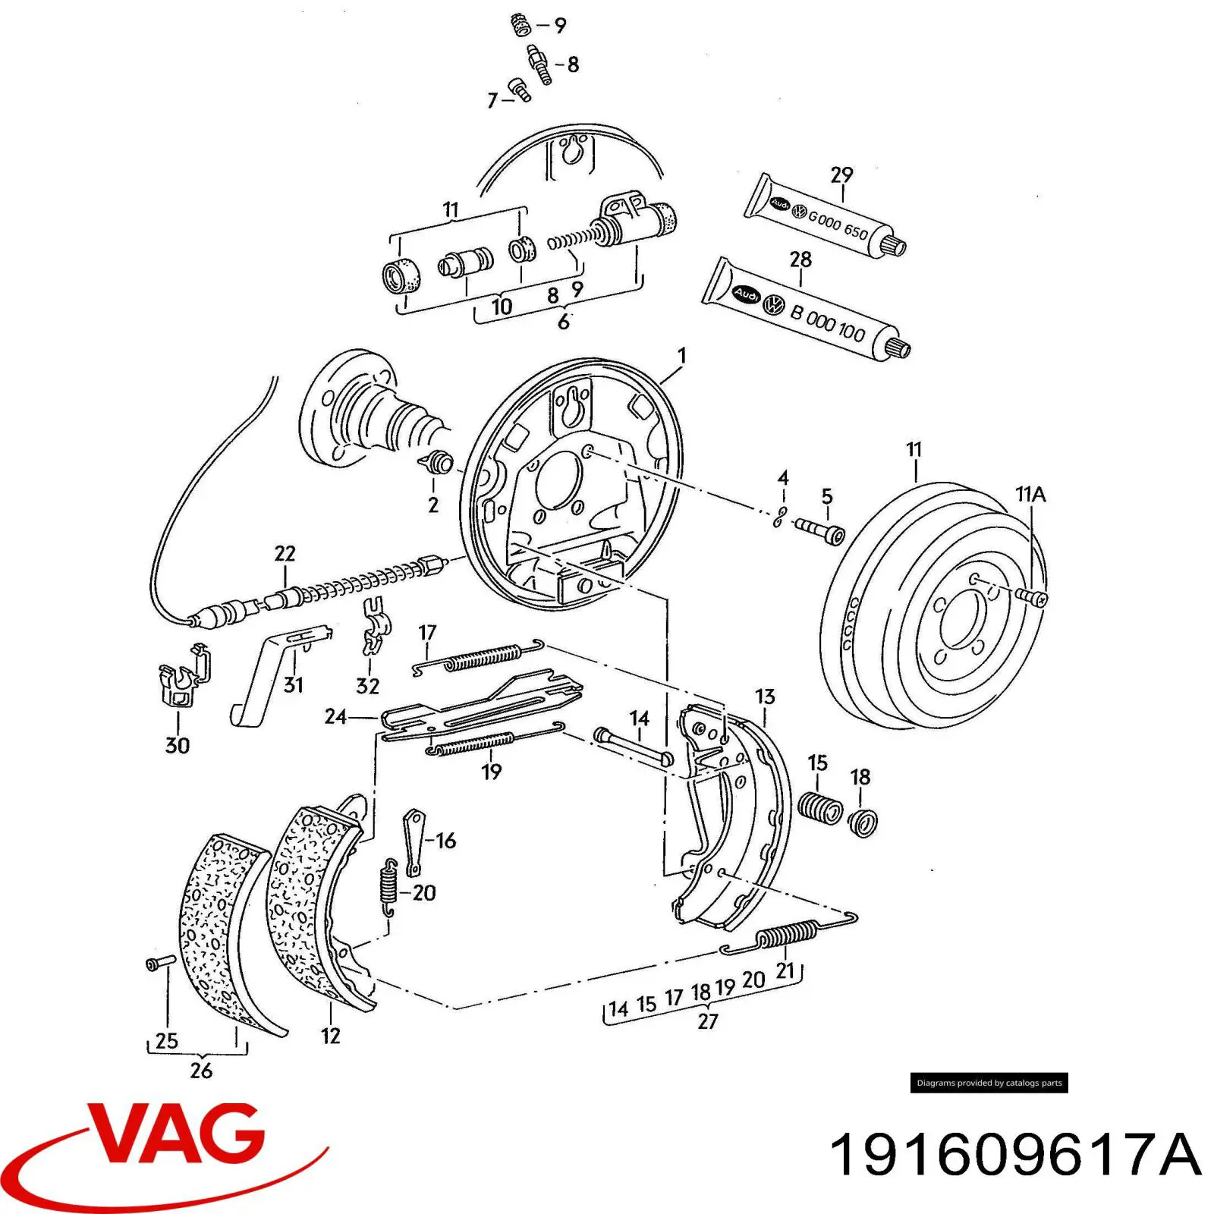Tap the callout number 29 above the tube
[841, 175]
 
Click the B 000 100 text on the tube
[828, 323]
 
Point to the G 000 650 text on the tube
[838, 225]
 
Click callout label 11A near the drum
[1030, 495]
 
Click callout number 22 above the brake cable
[285, 553]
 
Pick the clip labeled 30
[182, 677]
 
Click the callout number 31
[293, 685]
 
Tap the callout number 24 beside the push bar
[335, 716]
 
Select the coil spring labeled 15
[819, 807]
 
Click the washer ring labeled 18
[863, 822]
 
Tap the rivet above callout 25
[160, 963]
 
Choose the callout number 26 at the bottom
[201, 1071]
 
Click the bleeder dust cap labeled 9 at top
[519, 24]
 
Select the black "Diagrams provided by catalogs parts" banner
[989, 1083]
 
